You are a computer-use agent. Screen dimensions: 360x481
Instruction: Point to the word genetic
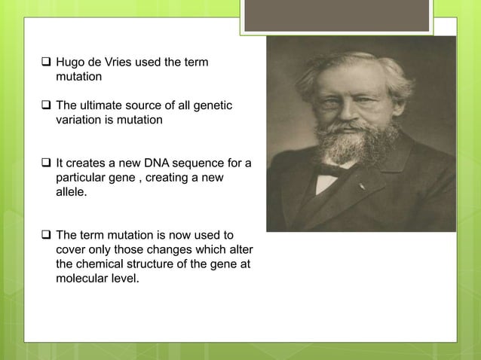[213, 105]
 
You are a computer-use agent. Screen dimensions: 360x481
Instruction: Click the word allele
[72, 193]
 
